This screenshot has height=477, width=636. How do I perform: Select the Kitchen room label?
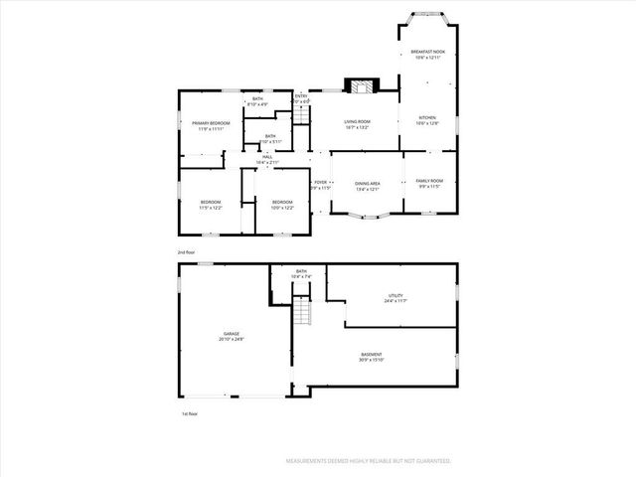(427, 120)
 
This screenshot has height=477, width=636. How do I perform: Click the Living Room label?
(357, 123)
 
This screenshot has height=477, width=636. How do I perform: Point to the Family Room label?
(429, 183)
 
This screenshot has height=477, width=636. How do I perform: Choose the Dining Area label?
(368, 185)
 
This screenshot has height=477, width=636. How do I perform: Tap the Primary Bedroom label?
(208, 125)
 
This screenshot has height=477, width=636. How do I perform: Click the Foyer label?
(321, 185)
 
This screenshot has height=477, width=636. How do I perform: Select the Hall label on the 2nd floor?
(267, 159)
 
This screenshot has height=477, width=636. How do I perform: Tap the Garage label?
(231, 336)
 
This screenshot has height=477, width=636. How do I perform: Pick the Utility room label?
(396, 298)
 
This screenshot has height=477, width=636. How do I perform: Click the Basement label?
(372, 357)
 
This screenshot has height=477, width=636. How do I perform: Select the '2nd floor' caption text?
(187, 252)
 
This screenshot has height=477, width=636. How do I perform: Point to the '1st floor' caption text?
(189, 413)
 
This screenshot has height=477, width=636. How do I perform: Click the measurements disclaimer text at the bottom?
(368, 461)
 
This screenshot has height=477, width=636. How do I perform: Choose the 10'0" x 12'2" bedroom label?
(282, 205)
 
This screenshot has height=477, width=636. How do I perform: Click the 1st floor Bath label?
(301, 274)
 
